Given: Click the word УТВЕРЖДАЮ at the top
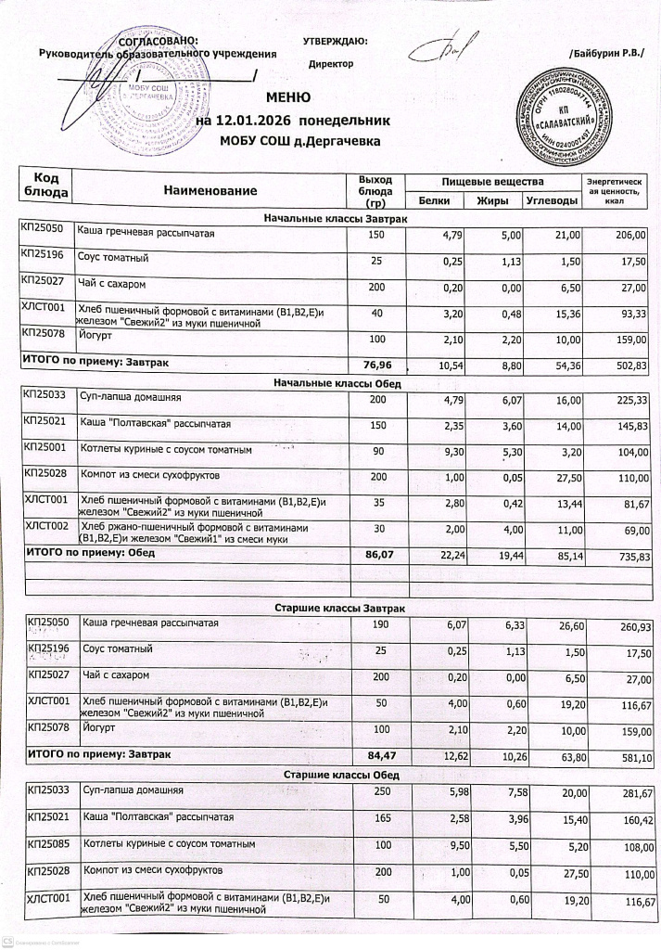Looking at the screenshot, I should (x=335, y=41).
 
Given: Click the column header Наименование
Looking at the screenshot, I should (x=210, y=190).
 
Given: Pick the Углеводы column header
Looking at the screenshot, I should (x=552, y=199).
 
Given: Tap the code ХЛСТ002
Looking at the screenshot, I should (x=43, y=526).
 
